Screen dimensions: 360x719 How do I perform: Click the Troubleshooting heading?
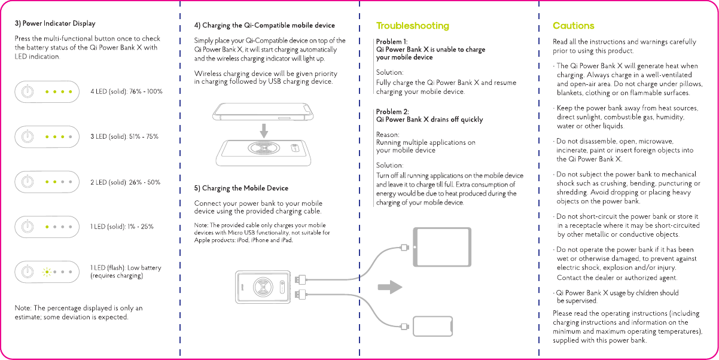click(x=412, y=26)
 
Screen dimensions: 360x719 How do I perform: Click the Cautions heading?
click(x=573, y=26)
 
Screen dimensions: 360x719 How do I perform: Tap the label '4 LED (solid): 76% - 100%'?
click(x=126, y=91)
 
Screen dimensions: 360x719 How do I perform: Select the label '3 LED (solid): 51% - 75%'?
click(x=124, y=136)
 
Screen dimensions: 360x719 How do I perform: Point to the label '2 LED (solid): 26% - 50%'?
click(x=125, y=182)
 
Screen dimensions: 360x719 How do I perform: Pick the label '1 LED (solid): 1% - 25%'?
click(x=121, y=227)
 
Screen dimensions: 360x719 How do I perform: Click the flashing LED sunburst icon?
click(x=47, y=271)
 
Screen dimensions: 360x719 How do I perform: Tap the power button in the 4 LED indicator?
click(x=26, y=91)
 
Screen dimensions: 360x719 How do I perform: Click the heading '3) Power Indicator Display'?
click(x=55, y=24)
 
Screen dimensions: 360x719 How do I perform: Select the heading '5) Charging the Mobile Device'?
click(x=241, y=188)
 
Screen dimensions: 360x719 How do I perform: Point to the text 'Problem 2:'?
click(x=392, y=112)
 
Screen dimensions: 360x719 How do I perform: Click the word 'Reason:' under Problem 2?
click(x=388, y=135)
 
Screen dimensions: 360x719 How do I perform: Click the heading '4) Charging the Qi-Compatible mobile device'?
click(x=264, y=26)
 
